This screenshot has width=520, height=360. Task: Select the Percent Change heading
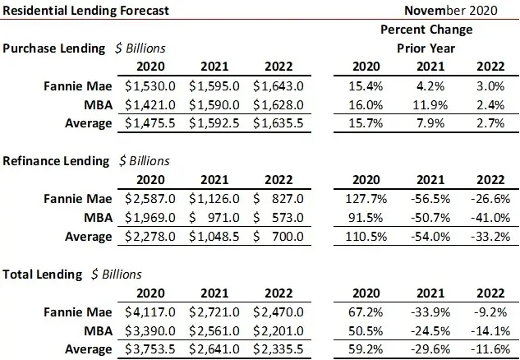pyautogui.click(x=426, y=29)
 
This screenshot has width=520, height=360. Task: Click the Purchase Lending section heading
pyautogui.click(x=54, y=48)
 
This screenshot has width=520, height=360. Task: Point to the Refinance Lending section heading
pyautogui.click(x=56, y=161)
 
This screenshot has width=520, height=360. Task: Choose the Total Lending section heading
pyautogui.click(x=44, y=274)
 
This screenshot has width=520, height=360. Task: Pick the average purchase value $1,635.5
pyautogui.click(x=278, y=123)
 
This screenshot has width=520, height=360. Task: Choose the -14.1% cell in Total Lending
pyautogui.click(x=489, y=330)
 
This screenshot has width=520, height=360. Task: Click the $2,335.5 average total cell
pyautogui.click(x=278, y=349)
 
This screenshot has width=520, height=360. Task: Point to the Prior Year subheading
pyautogui.click(x=426, y=48)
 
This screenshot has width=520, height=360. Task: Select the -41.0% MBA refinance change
pyautogui.click(x=489, y=217)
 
